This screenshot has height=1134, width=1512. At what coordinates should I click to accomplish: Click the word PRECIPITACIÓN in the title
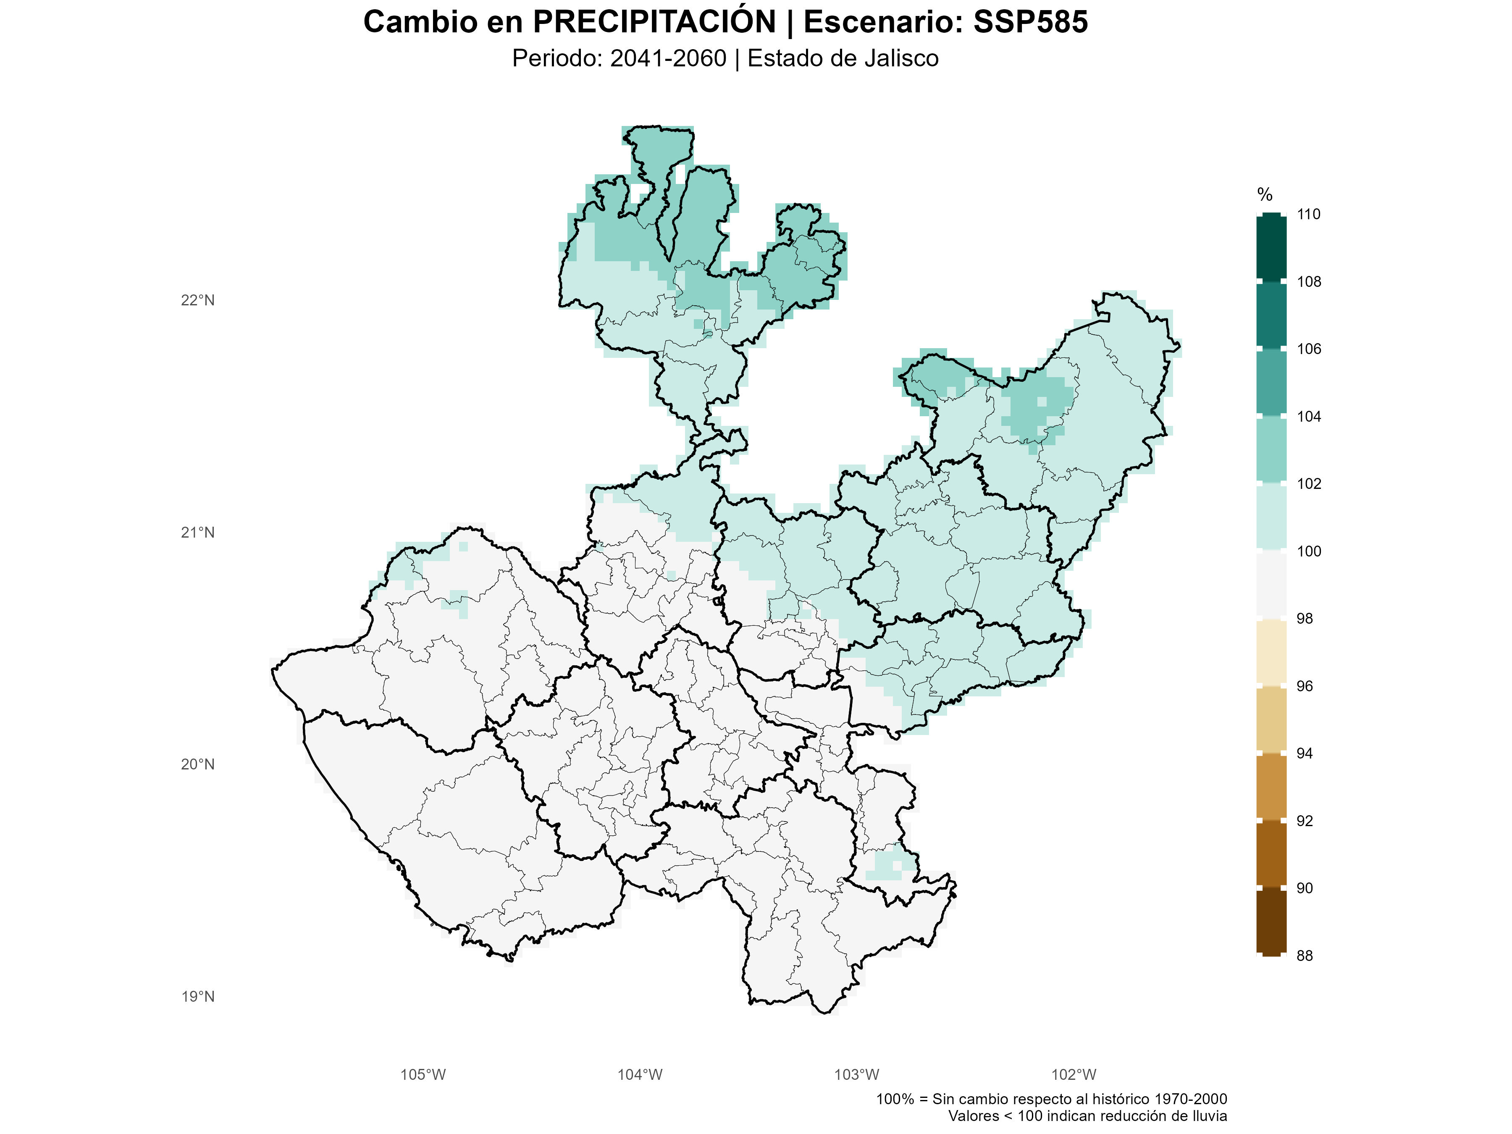pyautogui.click(x=654, y=22)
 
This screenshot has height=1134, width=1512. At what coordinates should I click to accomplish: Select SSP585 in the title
pyautogui.click(x=1030, y=22)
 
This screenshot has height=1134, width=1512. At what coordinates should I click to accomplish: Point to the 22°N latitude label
pyautogui.click(x=197, y=300)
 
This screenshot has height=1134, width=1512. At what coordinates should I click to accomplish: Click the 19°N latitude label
pyautogui.click(x=197, y=997)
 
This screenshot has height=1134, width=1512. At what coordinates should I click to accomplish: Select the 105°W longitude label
pyautogui.click(x=423, y=1074)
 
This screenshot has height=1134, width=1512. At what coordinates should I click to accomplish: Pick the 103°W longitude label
pyautogui.click(x=856, y=1074)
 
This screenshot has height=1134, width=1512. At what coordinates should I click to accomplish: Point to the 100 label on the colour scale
pyautogui.click(x=1308, y=551)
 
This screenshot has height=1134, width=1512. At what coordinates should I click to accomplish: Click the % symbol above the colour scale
pyautogui.click(x=1265, y=195)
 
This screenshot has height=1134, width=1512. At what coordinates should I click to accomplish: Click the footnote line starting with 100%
pyautogui.click(x=1051, y=1099)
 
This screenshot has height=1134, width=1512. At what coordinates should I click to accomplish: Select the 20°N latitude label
pyautogui.click(x=197, y=764)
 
